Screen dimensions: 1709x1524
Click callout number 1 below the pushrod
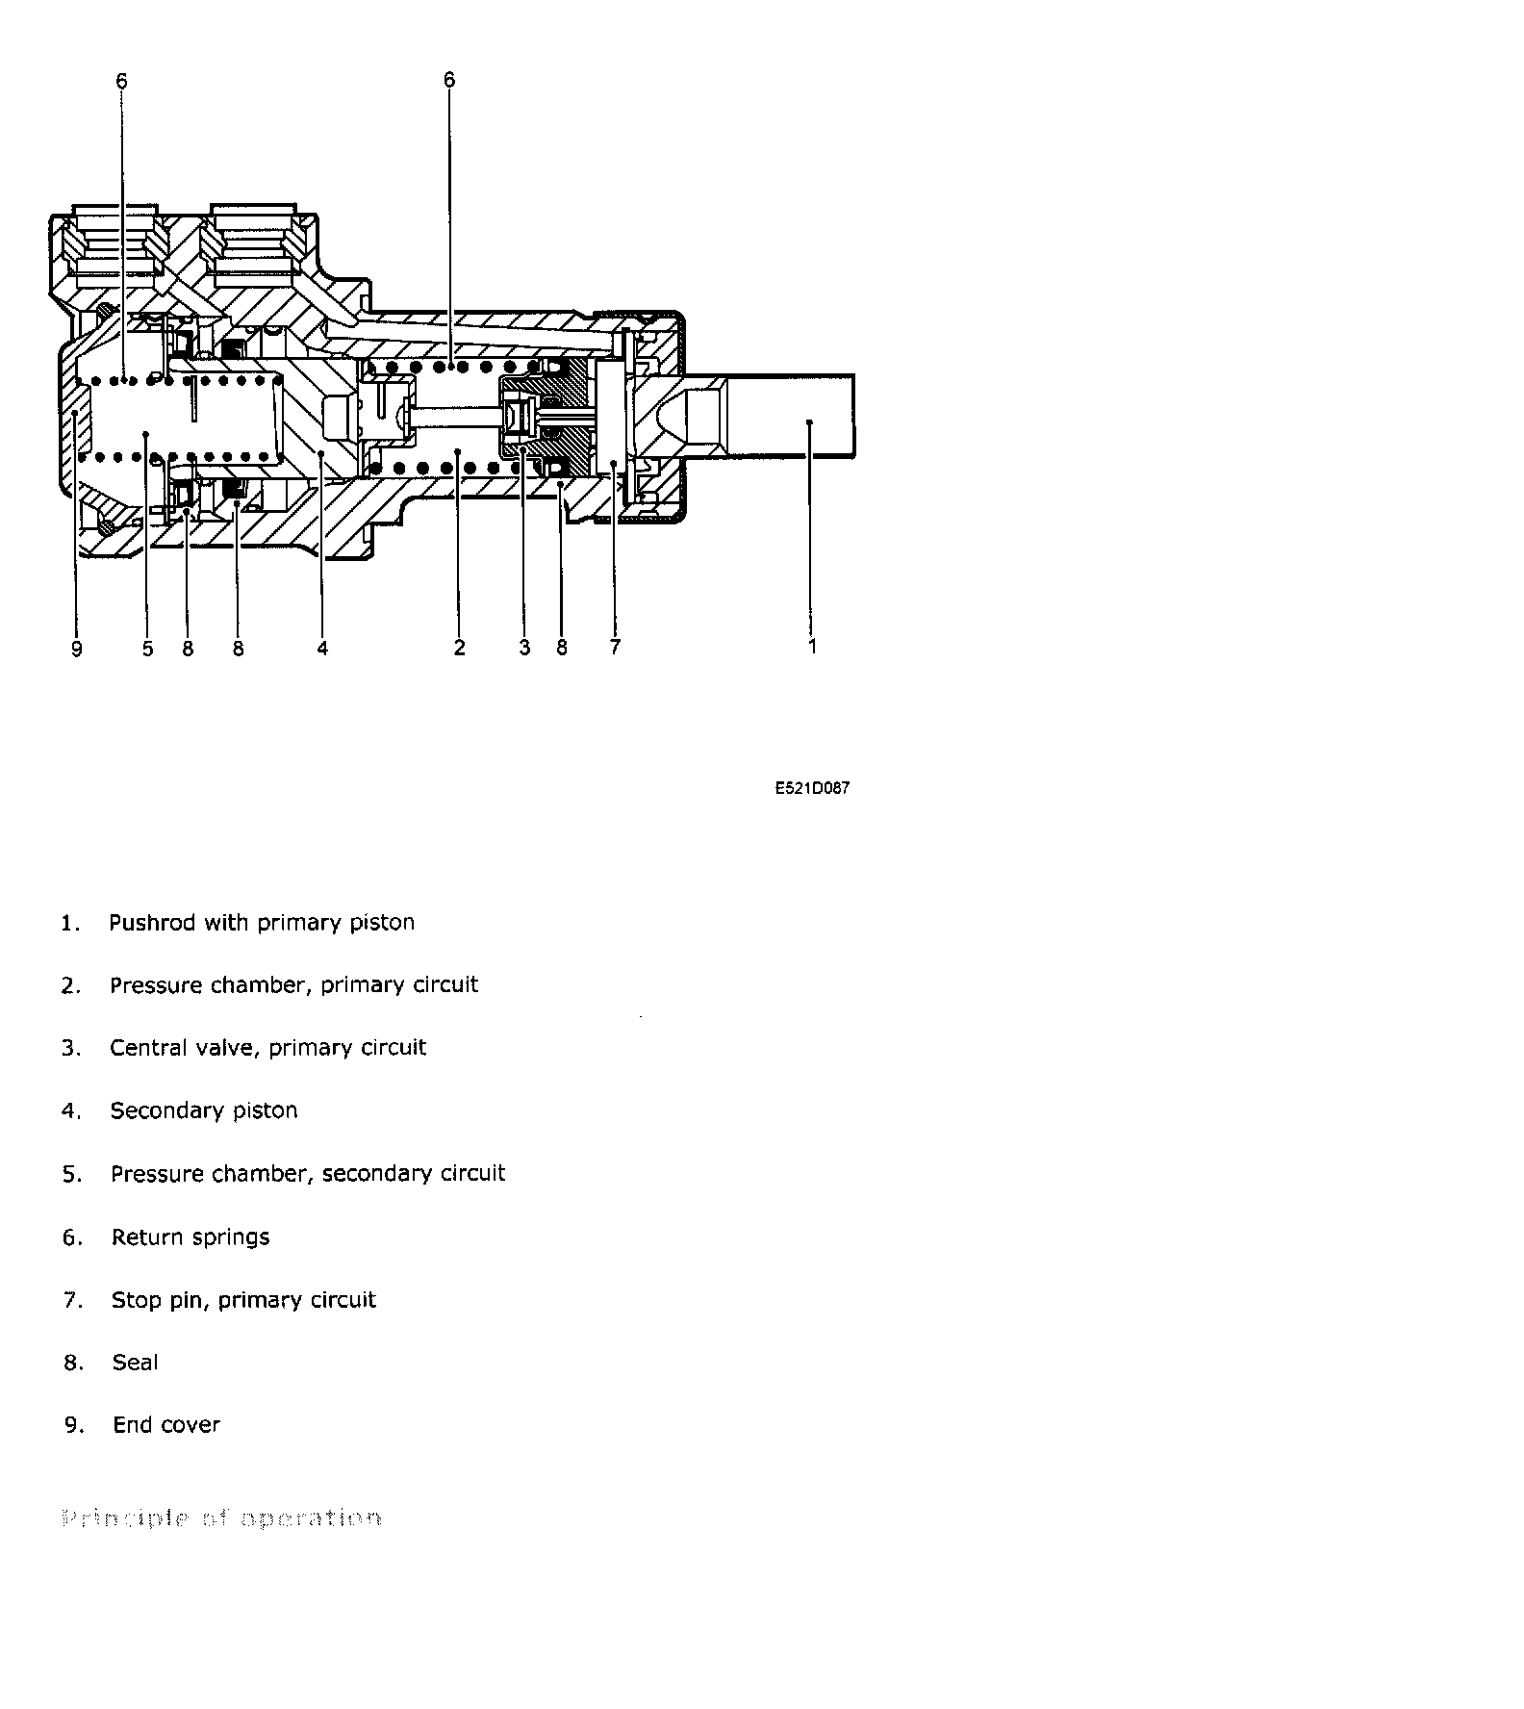click(812, 646)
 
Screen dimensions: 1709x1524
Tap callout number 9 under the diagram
click(77, 649)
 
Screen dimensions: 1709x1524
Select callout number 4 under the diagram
click(322, 649)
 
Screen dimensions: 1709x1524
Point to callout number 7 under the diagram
click(615, 647)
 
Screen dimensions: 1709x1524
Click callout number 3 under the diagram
click(524, 648)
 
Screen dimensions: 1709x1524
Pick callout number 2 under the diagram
click(459, 648)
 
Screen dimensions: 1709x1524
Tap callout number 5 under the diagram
click(147, 649)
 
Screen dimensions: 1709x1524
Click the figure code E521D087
click(812, 788)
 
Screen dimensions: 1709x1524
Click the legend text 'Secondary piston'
click(204, 1110)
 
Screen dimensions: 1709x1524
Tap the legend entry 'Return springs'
click(190, 1237)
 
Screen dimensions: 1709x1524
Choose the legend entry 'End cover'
click(166, 1424)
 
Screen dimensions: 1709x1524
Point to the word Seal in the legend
click(135, 1362)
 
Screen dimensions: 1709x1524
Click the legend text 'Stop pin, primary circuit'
click(243, 1300)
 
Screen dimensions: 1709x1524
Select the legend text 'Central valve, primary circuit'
click(267, 1047)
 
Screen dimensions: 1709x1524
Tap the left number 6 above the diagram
click(121, 81)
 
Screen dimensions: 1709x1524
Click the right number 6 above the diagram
click(449, 79)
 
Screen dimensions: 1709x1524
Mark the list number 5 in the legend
click(72, 1174)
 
